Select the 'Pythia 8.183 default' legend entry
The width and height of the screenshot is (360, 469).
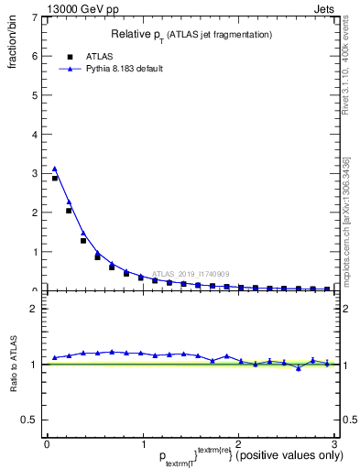116,69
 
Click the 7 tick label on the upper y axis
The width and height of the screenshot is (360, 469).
33,17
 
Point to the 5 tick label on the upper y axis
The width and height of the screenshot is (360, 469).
33,95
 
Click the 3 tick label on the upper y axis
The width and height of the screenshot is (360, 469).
33,173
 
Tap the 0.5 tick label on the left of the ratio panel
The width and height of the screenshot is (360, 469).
27,420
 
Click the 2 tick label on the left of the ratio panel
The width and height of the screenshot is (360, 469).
33,308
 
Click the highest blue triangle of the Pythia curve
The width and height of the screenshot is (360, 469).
54,169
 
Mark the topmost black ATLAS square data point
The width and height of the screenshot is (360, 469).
54,179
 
